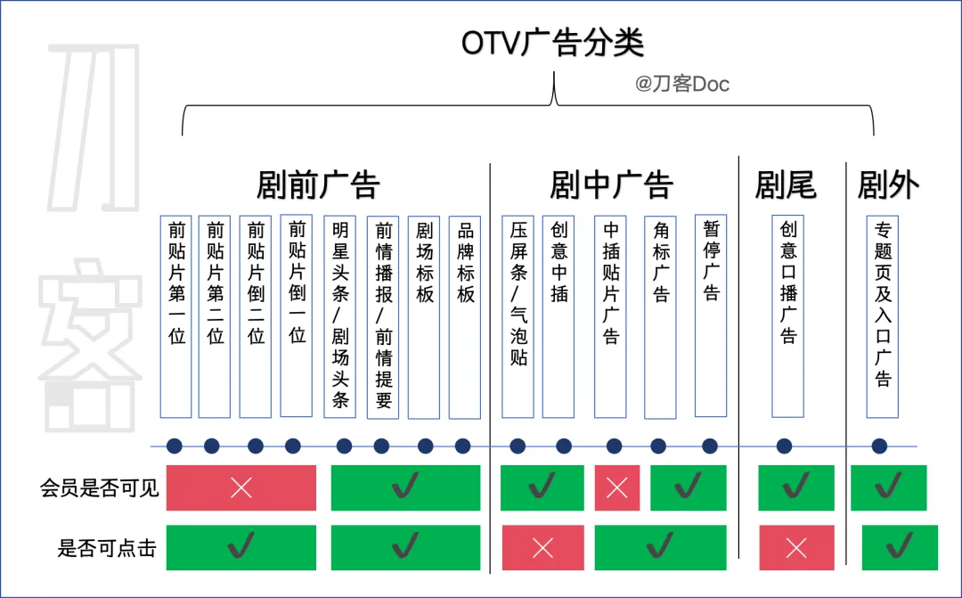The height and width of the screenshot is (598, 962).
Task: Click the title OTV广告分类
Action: pyautogui.click(x=552, y=43)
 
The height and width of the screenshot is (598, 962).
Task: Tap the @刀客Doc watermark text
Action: pyautogui.click(x=681, y=85)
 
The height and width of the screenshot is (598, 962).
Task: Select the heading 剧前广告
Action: pyautogui.click(x=318, y=185)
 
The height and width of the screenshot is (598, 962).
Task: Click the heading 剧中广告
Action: pyautogui.click(x=611, y=185)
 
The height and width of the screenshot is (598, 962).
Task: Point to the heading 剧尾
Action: pyautogui.click(x=785, y=185)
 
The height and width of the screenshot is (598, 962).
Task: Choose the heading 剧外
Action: pyautogui.click(x=888, y=185)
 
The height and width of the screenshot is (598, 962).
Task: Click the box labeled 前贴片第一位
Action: pyautogui.click(x=176, y=316)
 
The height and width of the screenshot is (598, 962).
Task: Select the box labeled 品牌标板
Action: pyautogui.click(x=465, y=316)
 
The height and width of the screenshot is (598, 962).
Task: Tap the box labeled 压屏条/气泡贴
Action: pyautogui.click(x=518, y=316)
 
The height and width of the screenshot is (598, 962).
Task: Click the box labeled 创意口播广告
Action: pyautogui.click(x=788, y=316)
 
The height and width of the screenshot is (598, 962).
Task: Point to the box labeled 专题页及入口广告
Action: pyautogui.click(x=883, y=316)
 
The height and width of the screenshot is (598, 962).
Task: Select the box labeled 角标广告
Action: pyautogui.click(x=660, y=316)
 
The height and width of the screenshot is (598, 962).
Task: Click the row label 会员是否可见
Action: pyautogui.click(x=99, y=488)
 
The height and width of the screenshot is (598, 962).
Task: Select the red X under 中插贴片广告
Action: pyautogui.click(x=616, y=487)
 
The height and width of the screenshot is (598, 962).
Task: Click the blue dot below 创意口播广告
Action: pyautogui.click(x=784, y=446)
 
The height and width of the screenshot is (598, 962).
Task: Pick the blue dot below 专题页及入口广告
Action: pyautogui.click(x=879, y=446)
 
